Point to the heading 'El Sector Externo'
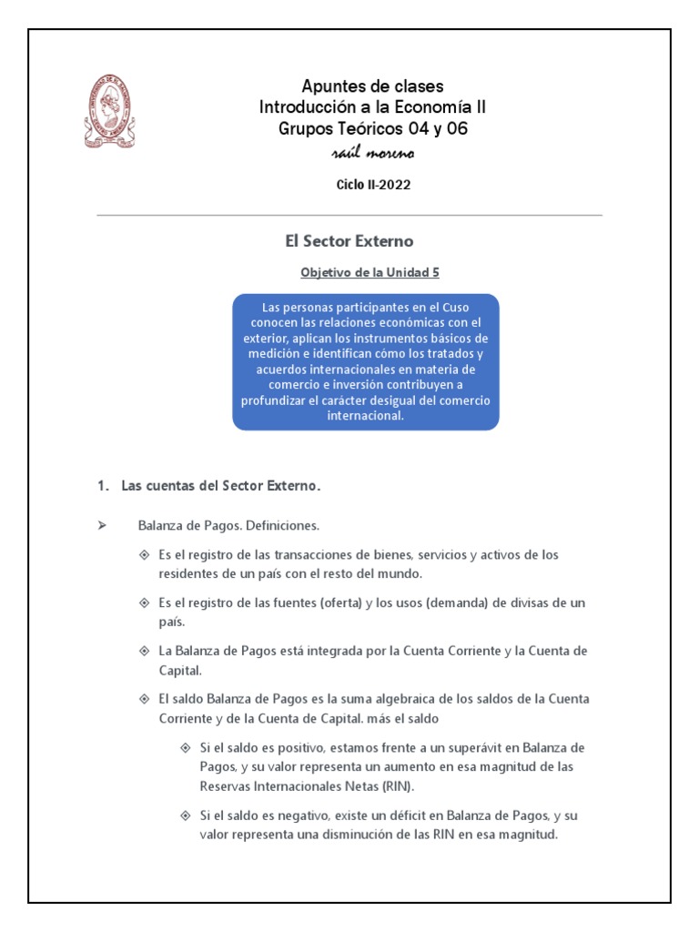pos(349,241)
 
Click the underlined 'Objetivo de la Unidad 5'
pos(362,272)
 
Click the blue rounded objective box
pos(365,361)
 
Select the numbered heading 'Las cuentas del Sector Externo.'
pos(221,486)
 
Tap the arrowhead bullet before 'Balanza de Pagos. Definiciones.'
pos(102,526)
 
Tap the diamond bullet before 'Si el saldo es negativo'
pos(186,815)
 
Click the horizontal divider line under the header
pos(349,216)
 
